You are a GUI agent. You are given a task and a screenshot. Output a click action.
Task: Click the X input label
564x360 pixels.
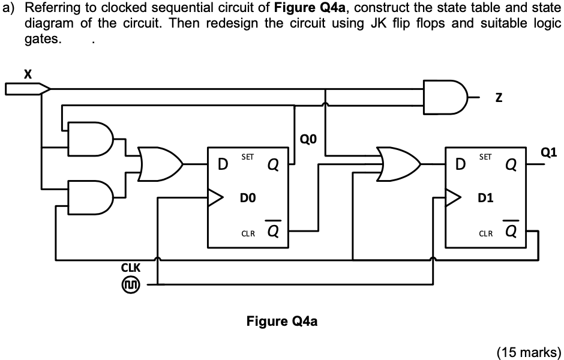[26, 74]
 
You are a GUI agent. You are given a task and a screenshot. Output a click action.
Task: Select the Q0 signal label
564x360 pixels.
[308, 140]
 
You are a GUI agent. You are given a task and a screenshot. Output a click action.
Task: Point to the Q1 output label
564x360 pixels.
[548, 152]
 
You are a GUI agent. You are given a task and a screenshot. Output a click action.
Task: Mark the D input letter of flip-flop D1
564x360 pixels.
[460, 164]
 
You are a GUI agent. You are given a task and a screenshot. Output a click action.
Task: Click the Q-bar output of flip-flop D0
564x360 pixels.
[272, 230]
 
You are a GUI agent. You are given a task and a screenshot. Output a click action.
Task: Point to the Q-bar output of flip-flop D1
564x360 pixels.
[511, 230]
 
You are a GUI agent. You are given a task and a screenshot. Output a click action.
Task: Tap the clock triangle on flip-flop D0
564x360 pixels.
[214, 196]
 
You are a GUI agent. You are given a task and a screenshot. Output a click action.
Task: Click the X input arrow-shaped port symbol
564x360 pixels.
[28, 89]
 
